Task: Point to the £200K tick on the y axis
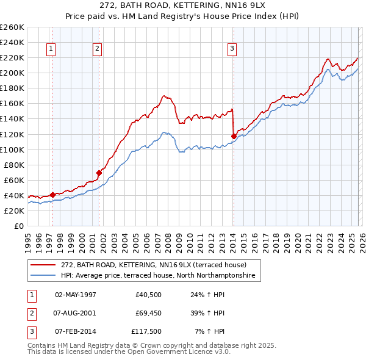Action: click(12, 73)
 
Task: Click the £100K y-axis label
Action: click(12, 149)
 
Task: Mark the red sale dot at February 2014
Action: click(234, 136)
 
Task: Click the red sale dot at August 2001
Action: click(99, 173)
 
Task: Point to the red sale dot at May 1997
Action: click(52, 195)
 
